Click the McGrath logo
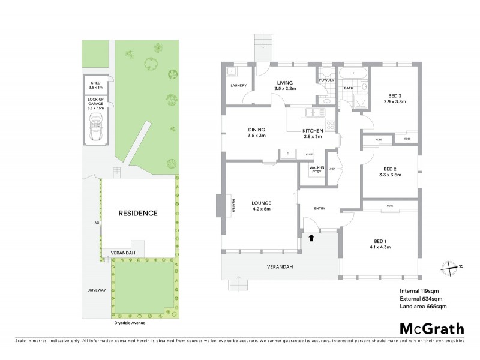431,328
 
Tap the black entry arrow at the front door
311,238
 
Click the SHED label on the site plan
95,83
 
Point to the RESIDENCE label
137,213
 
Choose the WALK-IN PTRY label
316,170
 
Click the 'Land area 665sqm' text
423,306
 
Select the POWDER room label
326,80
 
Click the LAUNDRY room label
238,86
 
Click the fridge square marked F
288,154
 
